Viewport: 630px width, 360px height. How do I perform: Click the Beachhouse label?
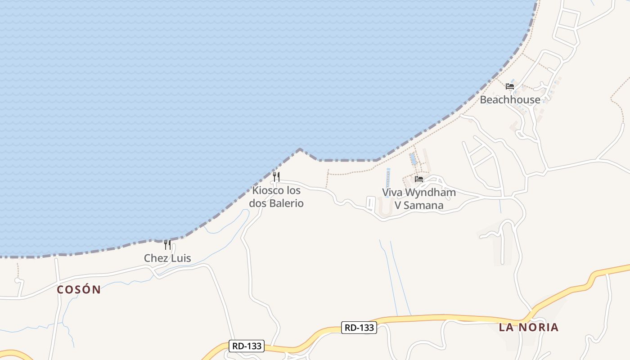pos(510,99)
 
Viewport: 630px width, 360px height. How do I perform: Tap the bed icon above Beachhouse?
pos(510,86)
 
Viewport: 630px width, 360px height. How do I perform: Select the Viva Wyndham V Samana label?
pos(419,198)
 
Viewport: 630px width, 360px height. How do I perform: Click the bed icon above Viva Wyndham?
pos(419,179)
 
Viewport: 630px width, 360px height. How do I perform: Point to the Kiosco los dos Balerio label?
pos(276,197)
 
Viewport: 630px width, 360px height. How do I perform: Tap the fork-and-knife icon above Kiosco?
pos(276,176)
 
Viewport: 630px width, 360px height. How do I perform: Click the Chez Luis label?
pos(167,258)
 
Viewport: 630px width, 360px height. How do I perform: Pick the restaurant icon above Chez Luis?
pos(167,245)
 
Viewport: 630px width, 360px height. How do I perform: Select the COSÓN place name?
pos(79,289)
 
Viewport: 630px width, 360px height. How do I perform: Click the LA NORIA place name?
pos(529,327)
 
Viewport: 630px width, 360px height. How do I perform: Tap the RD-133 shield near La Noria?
pos(359,328)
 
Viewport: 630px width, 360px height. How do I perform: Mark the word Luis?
pos(180,258)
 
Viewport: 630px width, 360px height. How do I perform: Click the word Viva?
pos(392,193)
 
